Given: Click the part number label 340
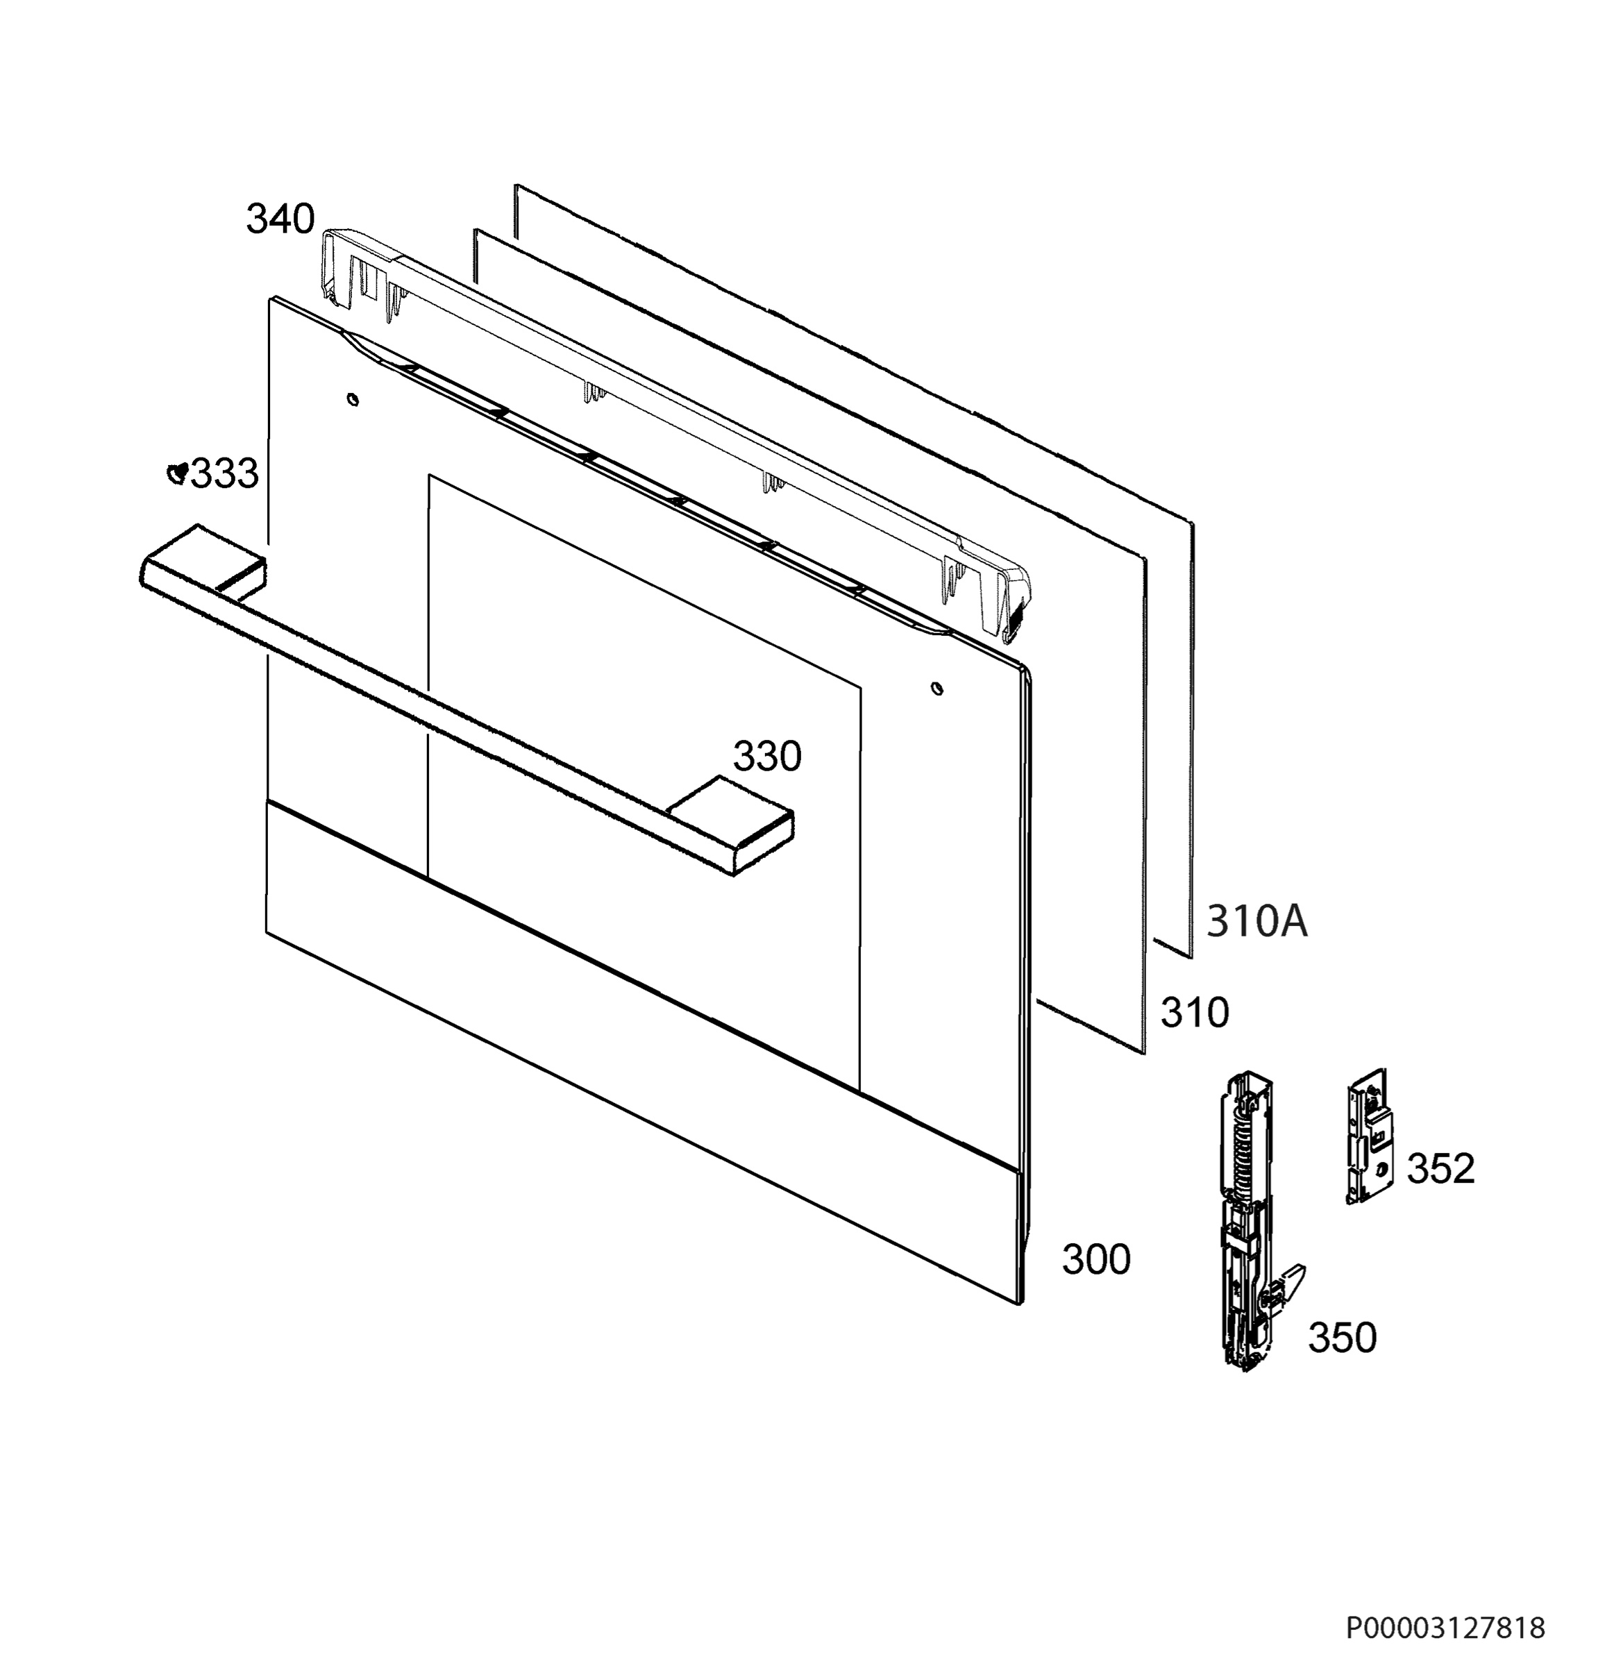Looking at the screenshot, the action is [280, 219].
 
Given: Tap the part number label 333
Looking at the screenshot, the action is [224, 473].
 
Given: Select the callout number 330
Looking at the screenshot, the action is [767, 757].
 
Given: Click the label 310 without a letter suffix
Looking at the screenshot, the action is [1195, 1013].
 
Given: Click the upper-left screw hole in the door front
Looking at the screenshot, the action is [353, 398].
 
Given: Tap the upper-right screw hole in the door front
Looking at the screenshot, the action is [936, 687].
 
